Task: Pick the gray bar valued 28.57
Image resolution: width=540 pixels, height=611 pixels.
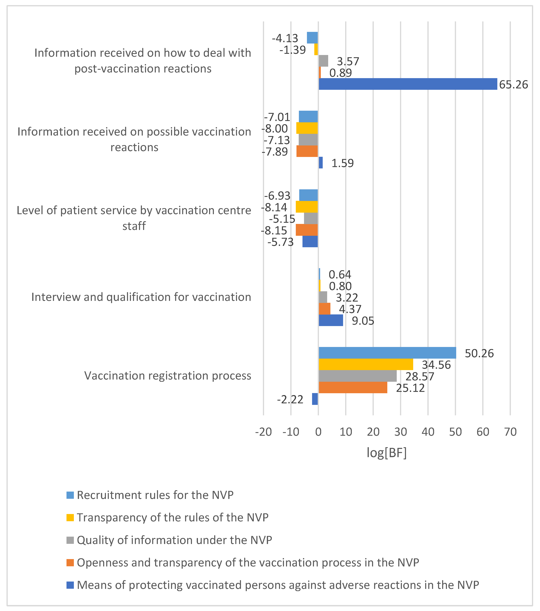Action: [x=358, y=376]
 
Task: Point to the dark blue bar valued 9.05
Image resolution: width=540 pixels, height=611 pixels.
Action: [x=331, y=320]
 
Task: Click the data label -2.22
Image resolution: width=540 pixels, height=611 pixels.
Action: [x=290, y=399]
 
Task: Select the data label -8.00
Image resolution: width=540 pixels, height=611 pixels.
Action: [x=275, y=129]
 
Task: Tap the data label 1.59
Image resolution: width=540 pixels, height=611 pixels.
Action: [x=342, y=163]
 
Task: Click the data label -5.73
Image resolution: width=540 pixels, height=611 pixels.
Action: [x=281, y=242]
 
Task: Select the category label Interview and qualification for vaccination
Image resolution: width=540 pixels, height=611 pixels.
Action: [x=141, y=297]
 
